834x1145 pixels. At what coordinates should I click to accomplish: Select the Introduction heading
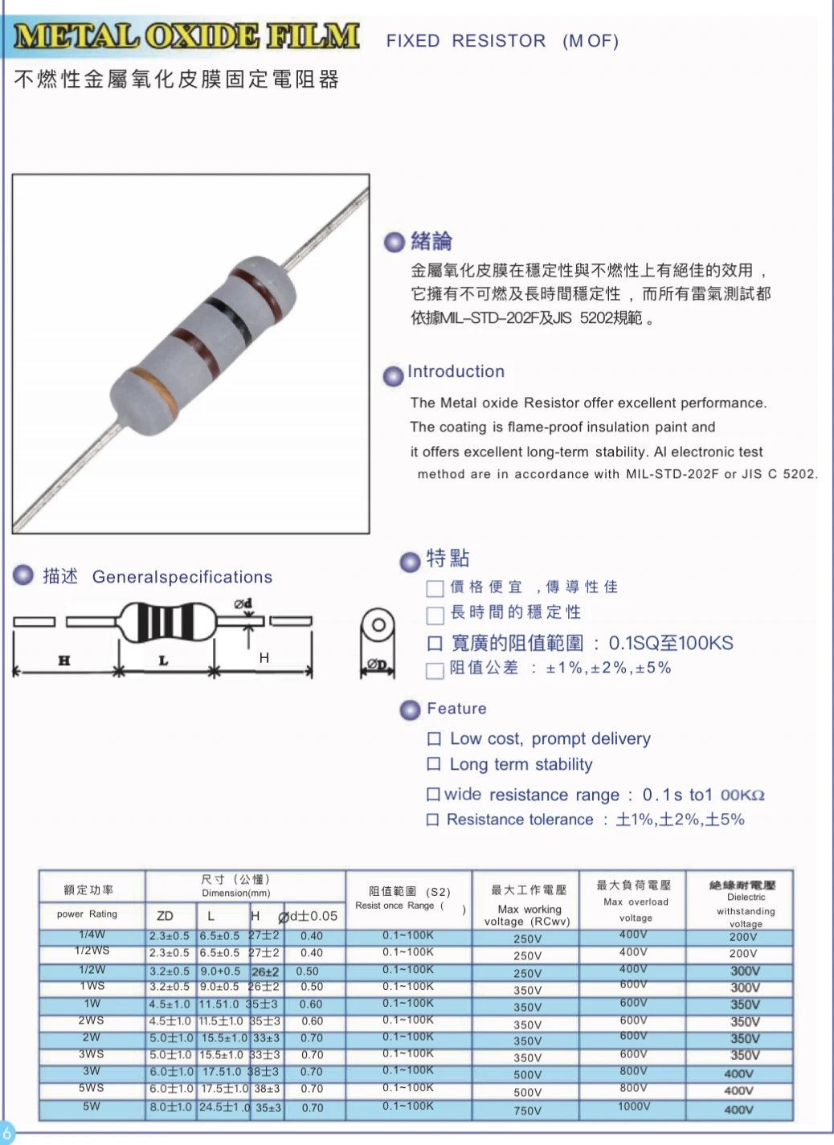click(x=456, y=371)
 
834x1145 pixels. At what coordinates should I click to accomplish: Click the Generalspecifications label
click(x=182, y=577)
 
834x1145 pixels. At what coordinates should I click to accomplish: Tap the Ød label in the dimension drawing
click(x=243, y=603)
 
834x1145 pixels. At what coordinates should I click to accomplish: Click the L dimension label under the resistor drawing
click(x=164, y=660)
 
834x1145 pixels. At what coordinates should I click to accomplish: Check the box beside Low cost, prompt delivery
click(x=434, y=738)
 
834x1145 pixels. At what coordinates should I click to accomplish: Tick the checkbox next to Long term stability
click(x=434, y=763)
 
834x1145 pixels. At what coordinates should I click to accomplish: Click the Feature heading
click(x=456, y=708)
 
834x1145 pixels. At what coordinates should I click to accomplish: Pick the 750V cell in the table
click(x=528, y=1110)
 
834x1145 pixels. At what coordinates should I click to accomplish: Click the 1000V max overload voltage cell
click(x=634, y=1106)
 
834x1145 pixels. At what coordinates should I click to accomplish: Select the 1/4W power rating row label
click(x=92, y=934)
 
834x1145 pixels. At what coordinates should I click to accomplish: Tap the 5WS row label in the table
click(x=92, y=1088)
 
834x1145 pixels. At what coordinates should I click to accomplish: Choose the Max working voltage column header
click(x=528, y=903)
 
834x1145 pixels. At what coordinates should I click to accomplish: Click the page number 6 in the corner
click(x=7, y=1133)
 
